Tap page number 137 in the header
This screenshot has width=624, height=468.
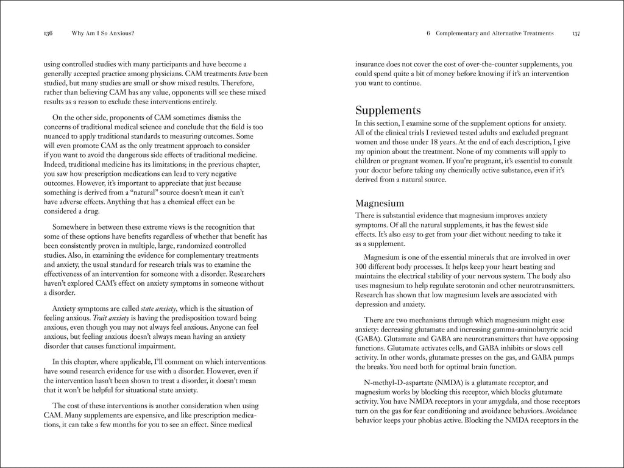point(575,34)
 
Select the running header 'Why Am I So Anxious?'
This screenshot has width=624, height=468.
point(103,34)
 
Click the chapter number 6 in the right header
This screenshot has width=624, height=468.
point(429,34)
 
